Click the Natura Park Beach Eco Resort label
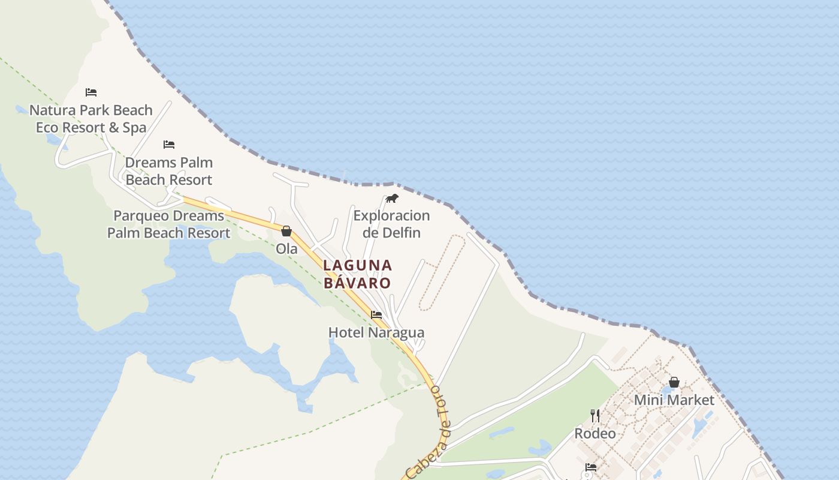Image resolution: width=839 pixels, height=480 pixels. click(91, 119)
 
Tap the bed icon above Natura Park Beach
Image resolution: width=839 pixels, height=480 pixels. click(91, 92)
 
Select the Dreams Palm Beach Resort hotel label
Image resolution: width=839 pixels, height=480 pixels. click(169, 171)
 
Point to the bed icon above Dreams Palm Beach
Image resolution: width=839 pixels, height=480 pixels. click(169, 145)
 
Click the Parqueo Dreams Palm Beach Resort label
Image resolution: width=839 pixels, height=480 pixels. click(169, 224)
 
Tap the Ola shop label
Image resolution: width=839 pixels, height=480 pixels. click(286, 248)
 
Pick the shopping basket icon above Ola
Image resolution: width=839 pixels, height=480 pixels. click(286, 231)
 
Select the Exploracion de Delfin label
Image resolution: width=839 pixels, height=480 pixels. click(391, 224)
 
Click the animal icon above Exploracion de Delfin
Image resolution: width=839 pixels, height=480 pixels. click(391, 198)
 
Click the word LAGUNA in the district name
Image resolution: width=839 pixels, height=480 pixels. click(358, 265)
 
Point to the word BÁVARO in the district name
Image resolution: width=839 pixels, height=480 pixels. click(358, 283)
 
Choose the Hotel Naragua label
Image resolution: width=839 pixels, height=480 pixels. click(376, 332)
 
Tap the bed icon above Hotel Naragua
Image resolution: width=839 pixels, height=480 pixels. click(376, 314)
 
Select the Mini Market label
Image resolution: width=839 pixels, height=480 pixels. click(674, 400)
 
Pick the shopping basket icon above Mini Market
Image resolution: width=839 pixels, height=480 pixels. click(674, 382)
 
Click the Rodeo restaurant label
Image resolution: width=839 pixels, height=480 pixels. click(595, 433)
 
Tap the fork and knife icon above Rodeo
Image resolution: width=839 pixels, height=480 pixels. click(595, 415)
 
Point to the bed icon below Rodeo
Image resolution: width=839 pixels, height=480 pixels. click(591, 467)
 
